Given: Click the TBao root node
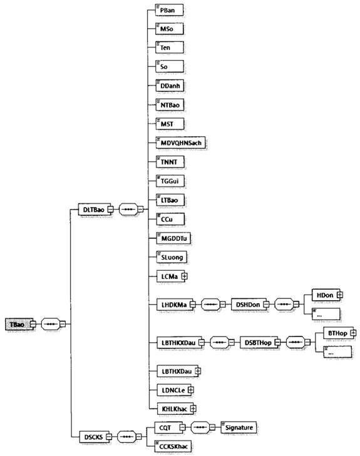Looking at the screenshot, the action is click(x=19, y=324).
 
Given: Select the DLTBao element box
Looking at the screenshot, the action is click(x=95, y=210).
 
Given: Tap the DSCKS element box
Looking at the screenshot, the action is click(x=95, y=437).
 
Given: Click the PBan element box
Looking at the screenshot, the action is click(x=169, y=10).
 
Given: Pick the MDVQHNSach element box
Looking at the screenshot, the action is click(x=181, y=143).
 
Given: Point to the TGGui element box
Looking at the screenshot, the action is click(x=170, y=181).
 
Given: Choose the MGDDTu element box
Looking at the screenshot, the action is click(x=174, y=238).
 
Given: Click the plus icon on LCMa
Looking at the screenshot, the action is click(x=185, y=276).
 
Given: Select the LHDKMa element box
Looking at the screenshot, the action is click(x=175, y=305).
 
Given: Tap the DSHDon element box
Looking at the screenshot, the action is click(x=249, y=305).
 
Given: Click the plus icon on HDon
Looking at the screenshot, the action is click(x=339, y=295).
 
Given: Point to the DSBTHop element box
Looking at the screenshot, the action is click(x=259, y=342).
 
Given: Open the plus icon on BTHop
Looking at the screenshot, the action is click(x=353, y=333).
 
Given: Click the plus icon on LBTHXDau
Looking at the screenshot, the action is click(x=198, y=371).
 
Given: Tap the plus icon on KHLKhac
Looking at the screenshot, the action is click(x=193, y=408).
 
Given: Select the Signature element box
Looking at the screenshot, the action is click(x=239, y=427).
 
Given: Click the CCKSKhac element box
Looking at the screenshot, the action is click(x=173, y=446).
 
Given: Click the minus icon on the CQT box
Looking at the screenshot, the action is click(x=182, y=427).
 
